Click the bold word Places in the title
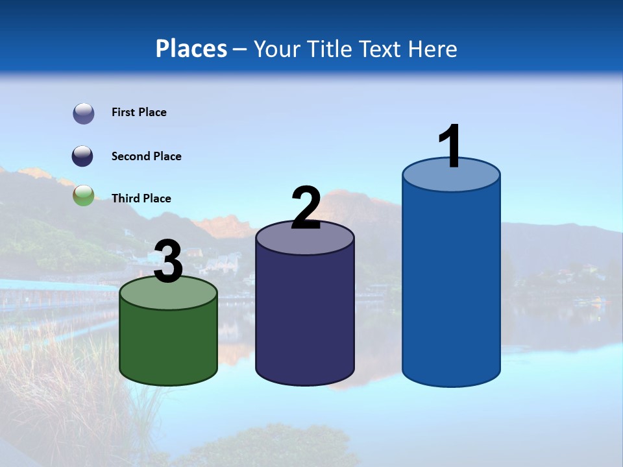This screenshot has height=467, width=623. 191,49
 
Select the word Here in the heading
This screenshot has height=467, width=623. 433,49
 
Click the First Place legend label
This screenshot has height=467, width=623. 139,112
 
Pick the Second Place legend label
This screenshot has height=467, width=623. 146,156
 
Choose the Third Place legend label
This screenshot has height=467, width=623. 141,198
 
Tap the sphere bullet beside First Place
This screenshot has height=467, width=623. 83,113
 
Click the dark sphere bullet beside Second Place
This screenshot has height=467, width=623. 83,156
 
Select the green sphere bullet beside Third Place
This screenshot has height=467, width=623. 83,195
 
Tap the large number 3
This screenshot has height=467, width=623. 168,261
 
